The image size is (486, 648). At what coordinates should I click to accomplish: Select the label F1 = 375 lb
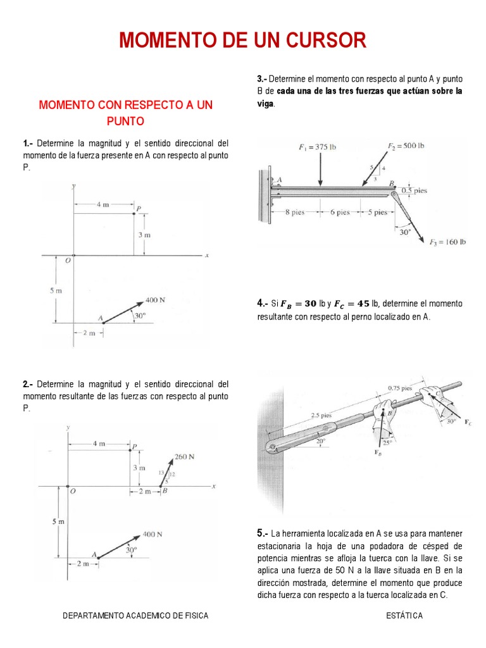coord(317,147)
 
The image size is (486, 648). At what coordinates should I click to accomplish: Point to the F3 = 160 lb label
coord(447,242)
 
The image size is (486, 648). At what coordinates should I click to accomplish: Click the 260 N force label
coord(185,457)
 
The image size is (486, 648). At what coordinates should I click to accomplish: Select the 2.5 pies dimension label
coord(321,416)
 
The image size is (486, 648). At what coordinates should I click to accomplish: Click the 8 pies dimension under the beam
coord(295,213)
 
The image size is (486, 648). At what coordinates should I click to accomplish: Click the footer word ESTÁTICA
coord(404,616)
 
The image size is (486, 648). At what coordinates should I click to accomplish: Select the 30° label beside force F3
coord(404,232)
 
